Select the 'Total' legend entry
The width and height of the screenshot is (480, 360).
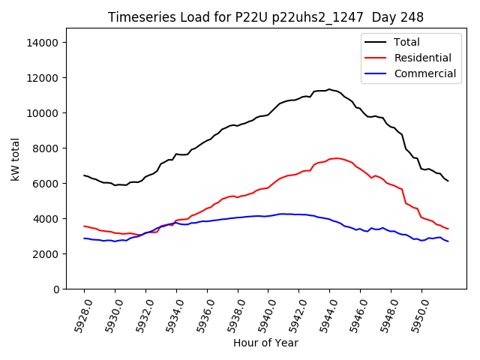click(x=406, y=42)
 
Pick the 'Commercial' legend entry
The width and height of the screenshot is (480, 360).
click(x=424, y=73)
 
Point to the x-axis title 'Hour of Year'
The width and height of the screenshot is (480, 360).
click(x=265, y=343)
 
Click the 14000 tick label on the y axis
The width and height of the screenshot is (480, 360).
click(x=43, y=43)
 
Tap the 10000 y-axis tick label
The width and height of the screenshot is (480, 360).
click(x=43, y=113)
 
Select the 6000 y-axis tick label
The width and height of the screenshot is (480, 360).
click(x=46, y=184)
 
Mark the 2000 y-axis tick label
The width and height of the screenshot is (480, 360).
click(x=46, y=254)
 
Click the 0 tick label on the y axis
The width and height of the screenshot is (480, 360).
click(x=56, y=289)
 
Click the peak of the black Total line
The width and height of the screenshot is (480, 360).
click(x=328, y=89)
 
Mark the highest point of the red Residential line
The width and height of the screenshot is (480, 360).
click(x=337, y=158)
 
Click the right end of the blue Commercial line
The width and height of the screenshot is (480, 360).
click(x=448, y=241)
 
